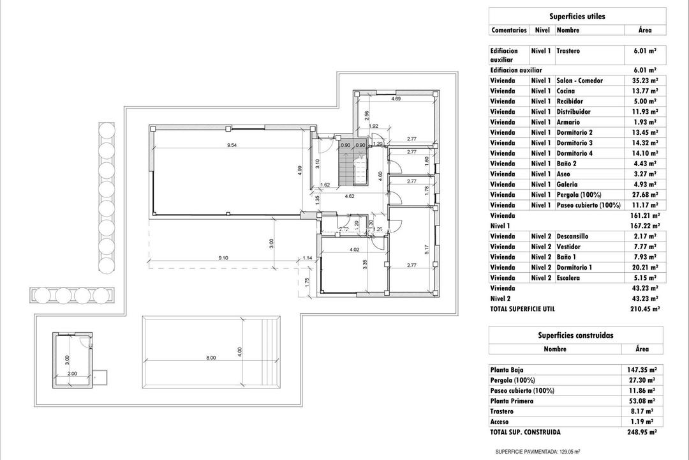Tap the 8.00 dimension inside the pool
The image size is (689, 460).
(211, 358)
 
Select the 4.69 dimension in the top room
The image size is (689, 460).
(396, 99)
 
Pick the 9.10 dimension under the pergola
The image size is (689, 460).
(223, 258)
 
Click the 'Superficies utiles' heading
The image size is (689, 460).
(577, 17)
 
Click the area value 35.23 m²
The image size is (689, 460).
(646, 80)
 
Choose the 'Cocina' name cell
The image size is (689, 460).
(566, 91)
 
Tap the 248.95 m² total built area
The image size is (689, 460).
(643, 432)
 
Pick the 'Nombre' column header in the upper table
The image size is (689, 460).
(567, 30)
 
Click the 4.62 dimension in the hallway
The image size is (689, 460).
(350, 196)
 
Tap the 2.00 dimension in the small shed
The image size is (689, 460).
(72, 373)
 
